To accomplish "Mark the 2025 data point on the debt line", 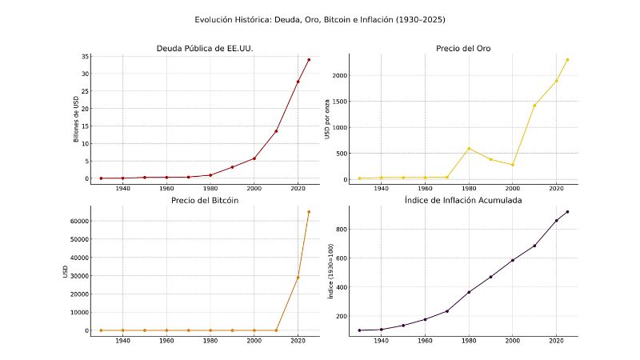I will pyautogui.click(x=309, y=60).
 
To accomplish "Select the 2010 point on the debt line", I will pyautogui.click(x=276, y=131).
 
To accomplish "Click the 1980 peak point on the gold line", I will pyautogui.click(x=469, y=148).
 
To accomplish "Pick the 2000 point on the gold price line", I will pyautogui.click(x=513, y=165).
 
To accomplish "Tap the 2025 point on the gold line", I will pyautogui.click(x=567, y=59).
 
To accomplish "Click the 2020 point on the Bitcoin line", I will pyautogui.click(x=298, y=278).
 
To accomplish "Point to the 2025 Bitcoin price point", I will pyautogui.click(x=309, y=212).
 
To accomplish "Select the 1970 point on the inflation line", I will pyautogui.click(x=447, y=311).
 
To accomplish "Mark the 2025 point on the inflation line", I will pyautogui.click(x=567, y=212).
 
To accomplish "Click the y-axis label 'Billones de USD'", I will pyautogui.click(x=77, y=118).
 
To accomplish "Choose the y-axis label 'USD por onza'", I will pyautogui.click(x=327, y=118).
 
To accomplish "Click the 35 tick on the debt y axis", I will pyautogui.click(x=83, y=57).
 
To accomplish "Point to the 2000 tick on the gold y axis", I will pyautogui.click(x=337, y=76).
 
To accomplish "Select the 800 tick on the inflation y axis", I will pyautogui.click(x=339, y=230).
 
